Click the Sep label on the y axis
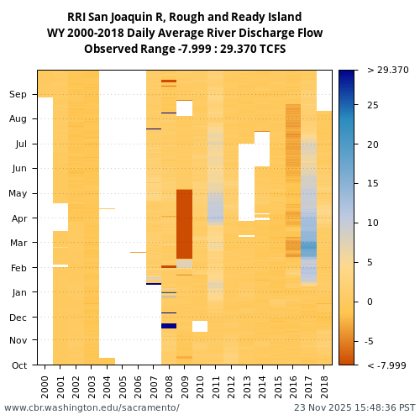click(x=18, y=95)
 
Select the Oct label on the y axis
click(x=18, y=365)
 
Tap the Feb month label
click(x=18, y=267)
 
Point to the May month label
click(x=18, y=193)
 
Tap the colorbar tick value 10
click(x=373, y=223)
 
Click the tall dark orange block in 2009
click(x=184, y=223)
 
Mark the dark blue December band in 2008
click(x=169, y=326)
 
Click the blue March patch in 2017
click(x=309, y=249)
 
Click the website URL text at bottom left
click(x=92, y=407)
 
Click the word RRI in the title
click(x=77, y=18)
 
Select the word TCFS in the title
click(x=270, y=50)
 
